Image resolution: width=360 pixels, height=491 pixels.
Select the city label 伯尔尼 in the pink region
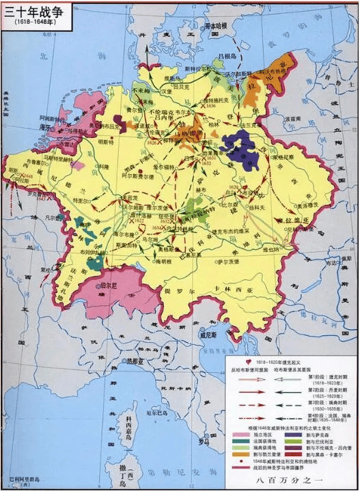pyautogui.click(x=110, y=285)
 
